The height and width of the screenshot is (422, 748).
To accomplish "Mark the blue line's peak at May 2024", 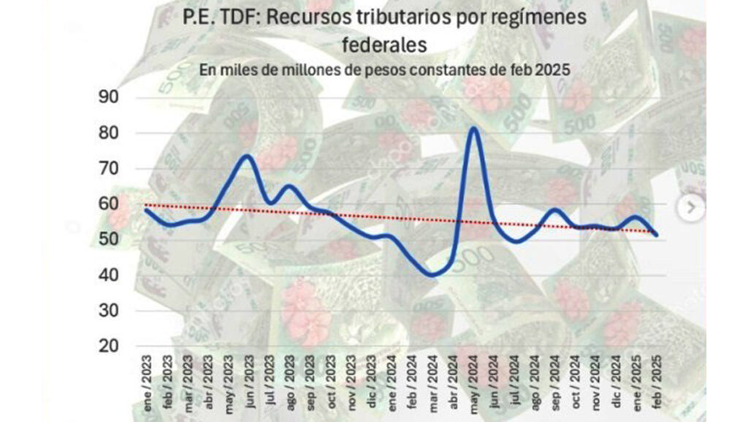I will click(473, 128).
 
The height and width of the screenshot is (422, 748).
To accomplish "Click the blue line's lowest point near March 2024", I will click(432, 275).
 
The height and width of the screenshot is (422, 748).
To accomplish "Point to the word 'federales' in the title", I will click(383, 45).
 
